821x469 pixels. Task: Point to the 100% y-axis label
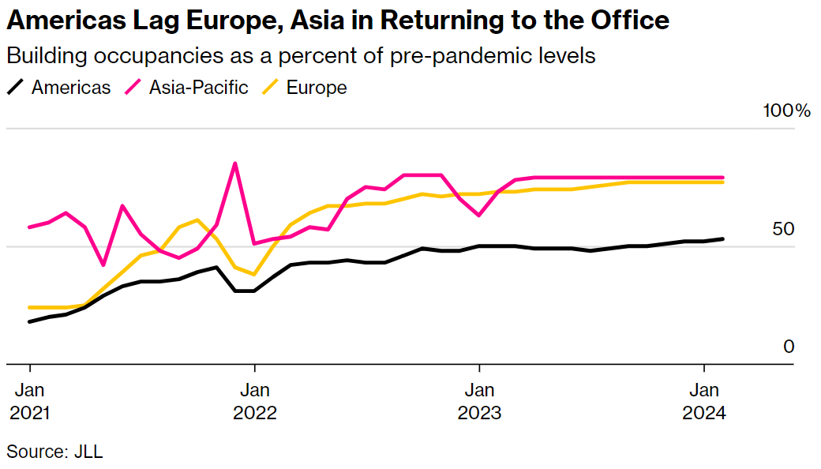click(786, 111)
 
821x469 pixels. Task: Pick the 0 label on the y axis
click(788, 347)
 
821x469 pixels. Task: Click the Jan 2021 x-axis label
click(30, 401)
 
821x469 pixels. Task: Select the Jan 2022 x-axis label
click(254, 401)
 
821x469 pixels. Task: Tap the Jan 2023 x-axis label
click(479, 401)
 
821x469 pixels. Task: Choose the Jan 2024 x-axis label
click(703, 401)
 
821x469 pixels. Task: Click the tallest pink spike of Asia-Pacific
click(234, 163)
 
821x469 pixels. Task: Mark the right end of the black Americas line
click(723, 238)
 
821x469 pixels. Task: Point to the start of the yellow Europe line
click(30, 307)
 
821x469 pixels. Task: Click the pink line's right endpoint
click(723, 178)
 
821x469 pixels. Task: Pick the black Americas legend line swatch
click(15, 88)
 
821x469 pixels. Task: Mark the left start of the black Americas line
click(30, 321)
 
